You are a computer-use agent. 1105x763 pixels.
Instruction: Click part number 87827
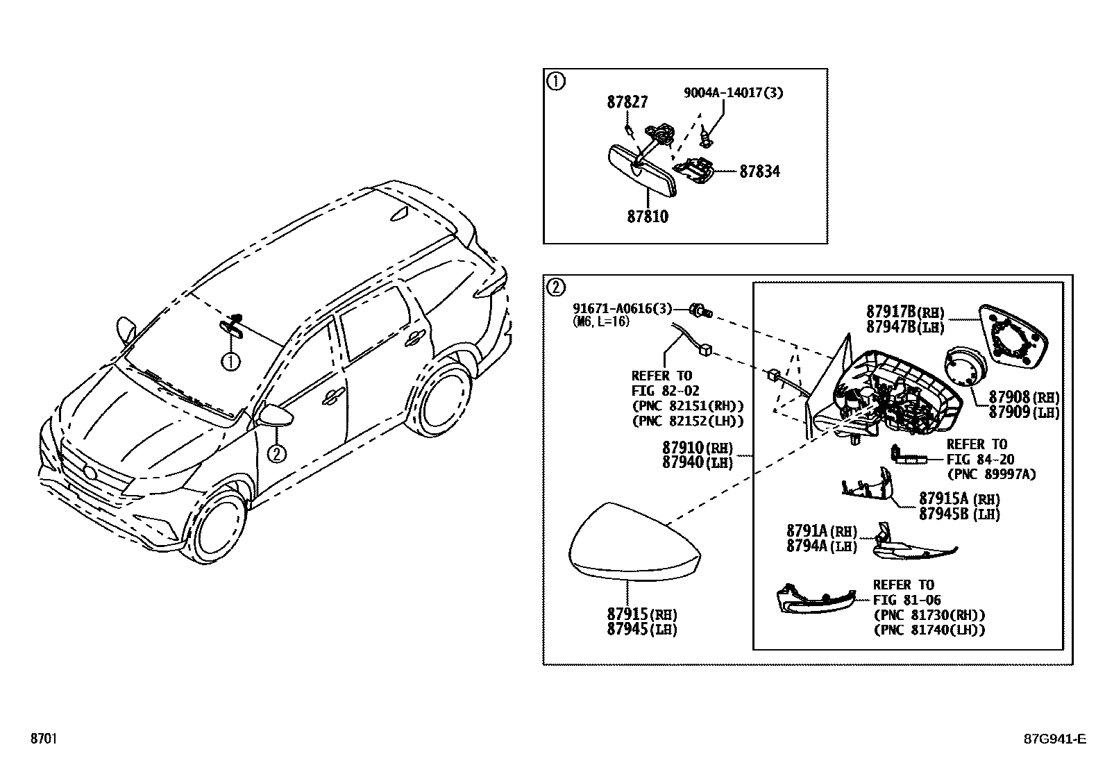coord(627,102)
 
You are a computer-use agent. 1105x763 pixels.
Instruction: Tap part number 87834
coord(759,171)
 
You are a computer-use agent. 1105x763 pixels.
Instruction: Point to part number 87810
coord(647,217)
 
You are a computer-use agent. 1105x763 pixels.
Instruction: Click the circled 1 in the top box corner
coord(557,81)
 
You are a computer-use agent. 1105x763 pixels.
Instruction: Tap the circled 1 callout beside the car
coord(230,361)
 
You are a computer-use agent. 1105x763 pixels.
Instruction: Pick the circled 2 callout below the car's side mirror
coord(276,453)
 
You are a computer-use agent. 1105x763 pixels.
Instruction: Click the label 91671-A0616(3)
coord(622,308)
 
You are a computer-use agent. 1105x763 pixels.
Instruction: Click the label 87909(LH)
coord(1024,412)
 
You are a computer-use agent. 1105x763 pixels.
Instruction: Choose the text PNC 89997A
coord(991,474)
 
